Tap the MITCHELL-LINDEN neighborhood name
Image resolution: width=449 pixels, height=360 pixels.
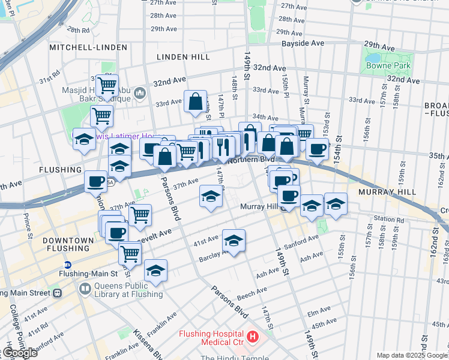tap(88, 47)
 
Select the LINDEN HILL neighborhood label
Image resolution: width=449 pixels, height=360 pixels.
tap(183, 56)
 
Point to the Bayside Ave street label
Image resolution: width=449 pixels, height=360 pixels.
tap(304, 44)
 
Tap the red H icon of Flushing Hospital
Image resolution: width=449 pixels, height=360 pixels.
tap(252, 337)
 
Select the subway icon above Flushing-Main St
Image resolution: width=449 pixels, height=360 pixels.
tap(68, 264)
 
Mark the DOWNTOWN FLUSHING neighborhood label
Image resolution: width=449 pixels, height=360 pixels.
tap(68, 245)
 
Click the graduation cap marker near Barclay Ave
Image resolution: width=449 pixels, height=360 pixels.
tap(234, 241)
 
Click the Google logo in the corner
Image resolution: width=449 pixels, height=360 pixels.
tap(20, 353)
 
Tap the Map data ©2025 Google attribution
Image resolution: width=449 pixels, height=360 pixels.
tap(411, 355)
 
